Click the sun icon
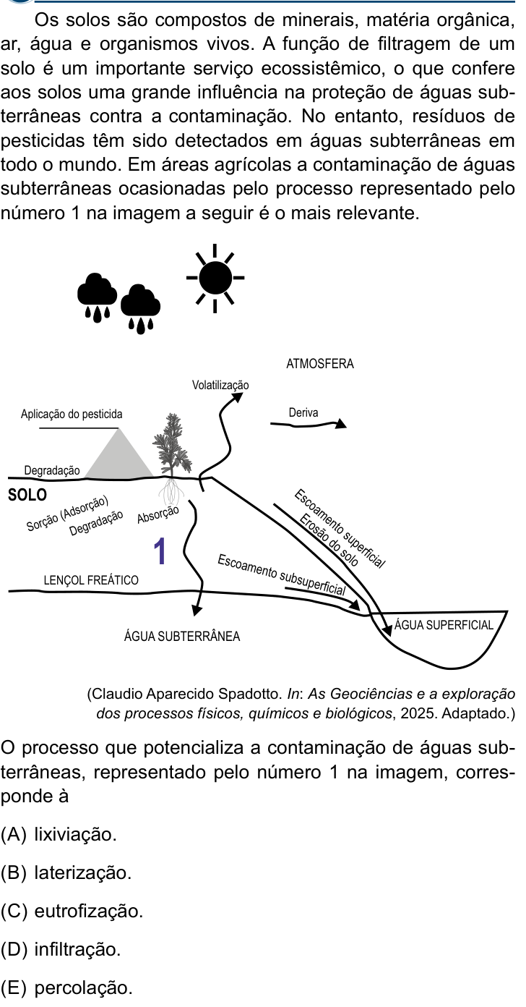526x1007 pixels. tap(215, 278)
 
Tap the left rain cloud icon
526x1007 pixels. tap(97, 297)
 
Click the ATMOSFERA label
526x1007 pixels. tap(320, 364)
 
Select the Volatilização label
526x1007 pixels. tap(220, 386)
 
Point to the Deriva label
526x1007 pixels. tap(303, 412)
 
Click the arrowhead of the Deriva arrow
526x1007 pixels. tap(341, 423)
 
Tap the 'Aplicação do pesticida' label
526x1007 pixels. tap(72, 414)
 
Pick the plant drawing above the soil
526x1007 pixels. tap(171, 445)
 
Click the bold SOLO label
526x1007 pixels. tap(27, 495)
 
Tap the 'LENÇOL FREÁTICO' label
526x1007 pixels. tap(91, 580)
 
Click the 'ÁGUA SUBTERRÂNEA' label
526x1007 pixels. tap(182, 636)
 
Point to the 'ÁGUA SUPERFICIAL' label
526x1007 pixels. tap(444, 625)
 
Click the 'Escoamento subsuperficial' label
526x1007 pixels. tap(282, 575)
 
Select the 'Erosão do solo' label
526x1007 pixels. tap(329, 540)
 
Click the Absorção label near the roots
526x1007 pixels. tap(158, 514)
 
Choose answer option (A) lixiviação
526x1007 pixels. tap(59, 834)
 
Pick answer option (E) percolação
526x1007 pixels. tap(67, 987)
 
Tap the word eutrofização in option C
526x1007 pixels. tap(89, 911)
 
